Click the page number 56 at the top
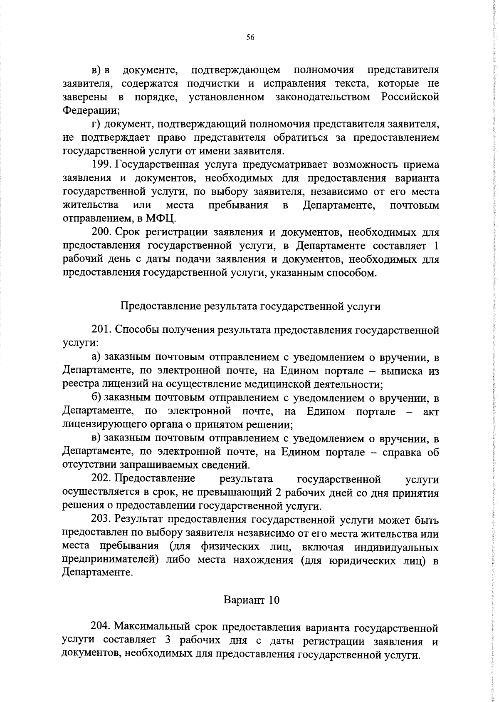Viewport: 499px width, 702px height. coord(250,37)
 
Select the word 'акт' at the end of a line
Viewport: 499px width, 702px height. coord(430,412)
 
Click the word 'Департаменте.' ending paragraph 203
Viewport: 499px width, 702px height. coord(98,573)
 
